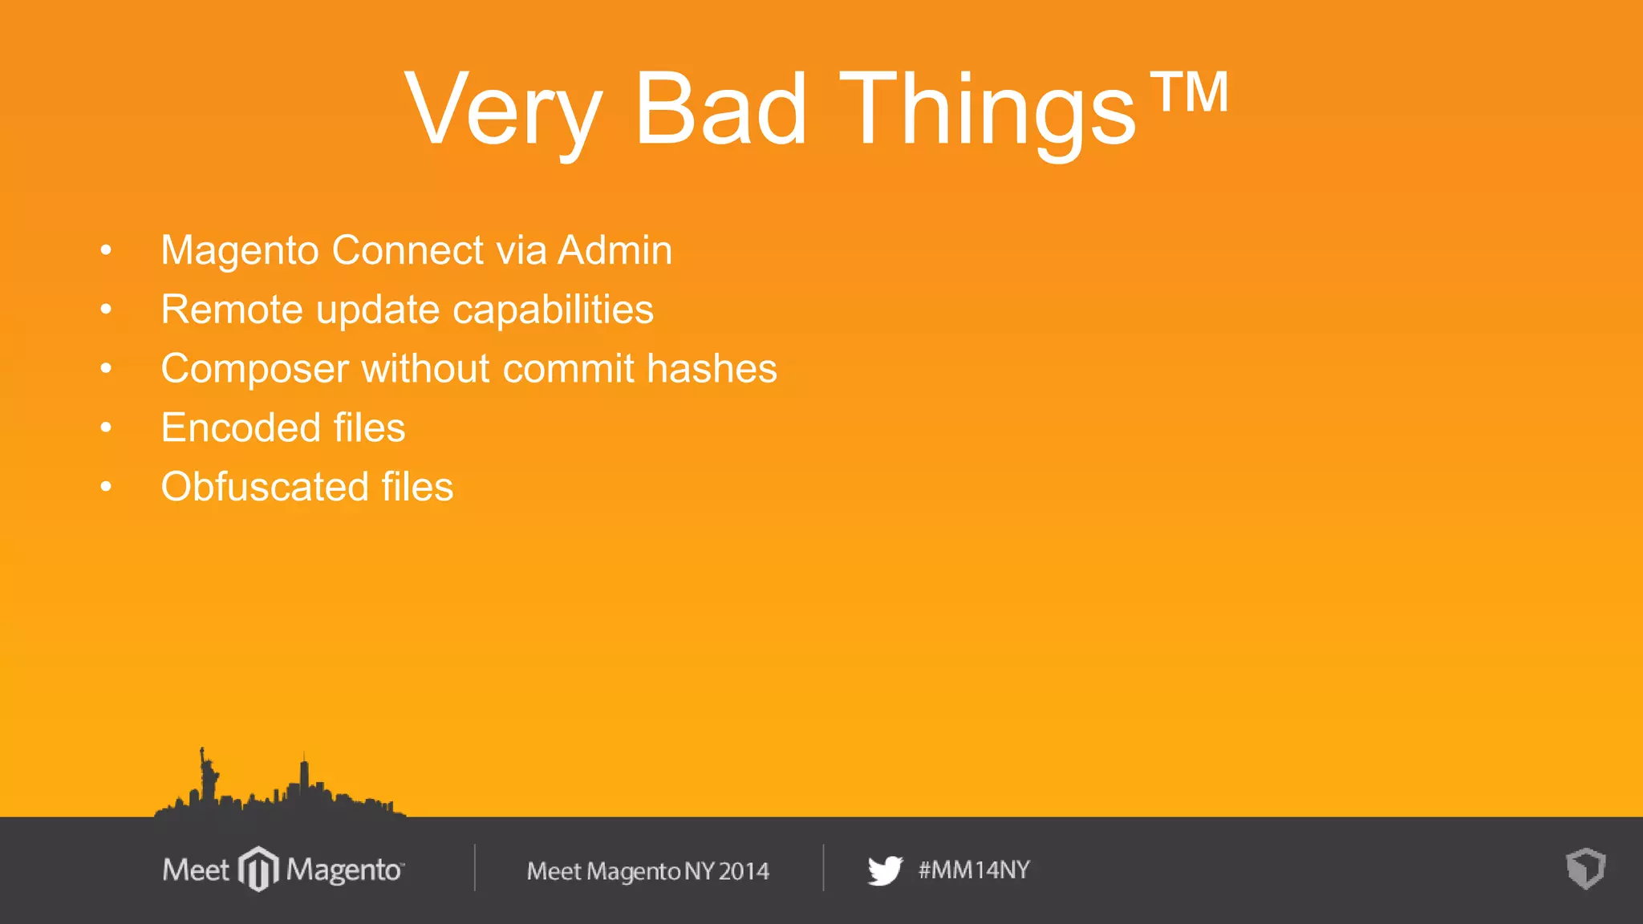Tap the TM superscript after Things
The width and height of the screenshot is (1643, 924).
[1189, 92]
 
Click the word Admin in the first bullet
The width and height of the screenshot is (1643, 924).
[615, 250]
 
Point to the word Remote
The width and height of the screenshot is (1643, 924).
[232, 310]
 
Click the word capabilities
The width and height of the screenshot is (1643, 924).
[553, 310]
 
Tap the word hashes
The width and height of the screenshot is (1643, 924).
[712, 369]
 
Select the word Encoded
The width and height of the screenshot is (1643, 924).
[240, 428]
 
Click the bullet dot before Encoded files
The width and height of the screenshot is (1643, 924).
[106, 428]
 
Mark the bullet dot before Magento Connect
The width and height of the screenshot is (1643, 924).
[106, 250]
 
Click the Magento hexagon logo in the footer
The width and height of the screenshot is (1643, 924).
[258, 869]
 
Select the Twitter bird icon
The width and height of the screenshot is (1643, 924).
[885, 870]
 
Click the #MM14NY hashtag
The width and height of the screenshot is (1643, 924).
[974, 870]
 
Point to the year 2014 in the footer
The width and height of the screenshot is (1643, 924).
[744, 871]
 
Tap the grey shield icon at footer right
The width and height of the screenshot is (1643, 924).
[1585, 869]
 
